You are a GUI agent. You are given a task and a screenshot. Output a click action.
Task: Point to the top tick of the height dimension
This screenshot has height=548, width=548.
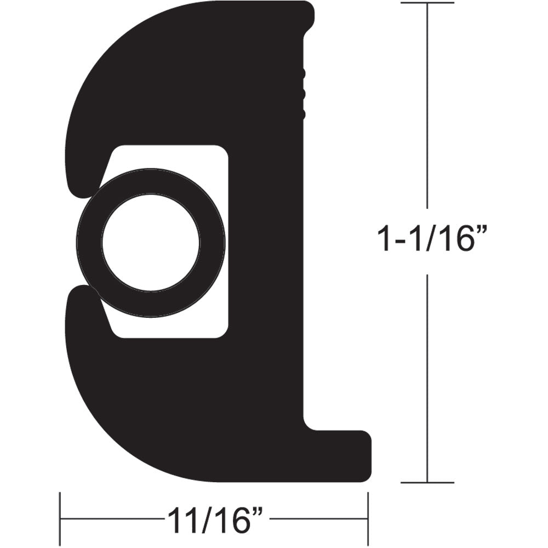coord(428,3)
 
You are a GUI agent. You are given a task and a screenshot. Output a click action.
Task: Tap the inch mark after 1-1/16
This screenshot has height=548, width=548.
coord(481,231)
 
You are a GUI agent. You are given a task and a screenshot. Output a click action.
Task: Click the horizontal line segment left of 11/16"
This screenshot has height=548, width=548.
coord(110,518)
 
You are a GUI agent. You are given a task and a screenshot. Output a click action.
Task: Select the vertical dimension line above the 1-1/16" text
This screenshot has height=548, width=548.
coord(428,110)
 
